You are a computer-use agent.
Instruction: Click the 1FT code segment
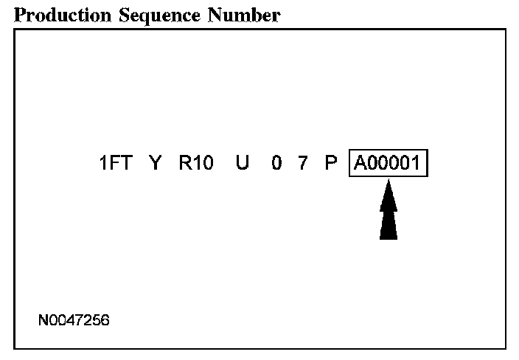pos(115,163)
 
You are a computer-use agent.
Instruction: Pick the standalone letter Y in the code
pos(155,163)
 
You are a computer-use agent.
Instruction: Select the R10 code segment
pos(196,163)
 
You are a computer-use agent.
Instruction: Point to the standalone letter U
pos(243,163)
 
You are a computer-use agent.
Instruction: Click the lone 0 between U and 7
pos(276,163)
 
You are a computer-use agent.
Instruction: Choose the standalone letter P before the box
pos(331,163)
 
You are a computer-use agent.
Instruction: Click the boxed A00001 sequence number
pos(389,163)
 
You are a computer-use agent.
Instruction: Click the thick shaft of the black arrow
pos(389,225)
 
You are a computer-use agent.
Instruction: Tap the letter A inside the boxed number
pos(360,163)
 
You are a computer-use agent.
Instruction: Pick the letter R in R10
pos(185,163)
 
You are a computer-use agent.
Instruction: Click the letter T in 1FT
pos(126,163)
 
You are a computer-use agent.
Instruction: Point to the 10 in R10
pos(203,163)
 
